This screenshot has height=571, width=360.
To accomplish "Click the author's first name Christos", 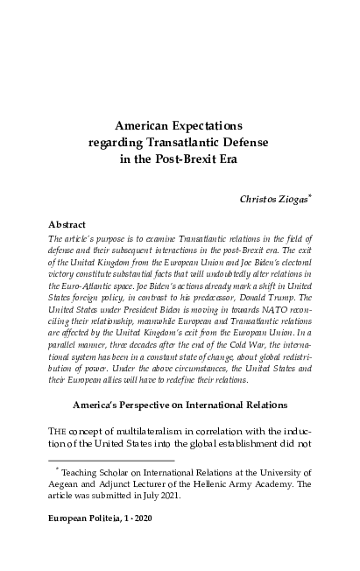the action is tap(260, 199).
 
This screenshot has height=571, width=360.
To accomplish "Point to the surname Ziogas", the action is tap(296, 199).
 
